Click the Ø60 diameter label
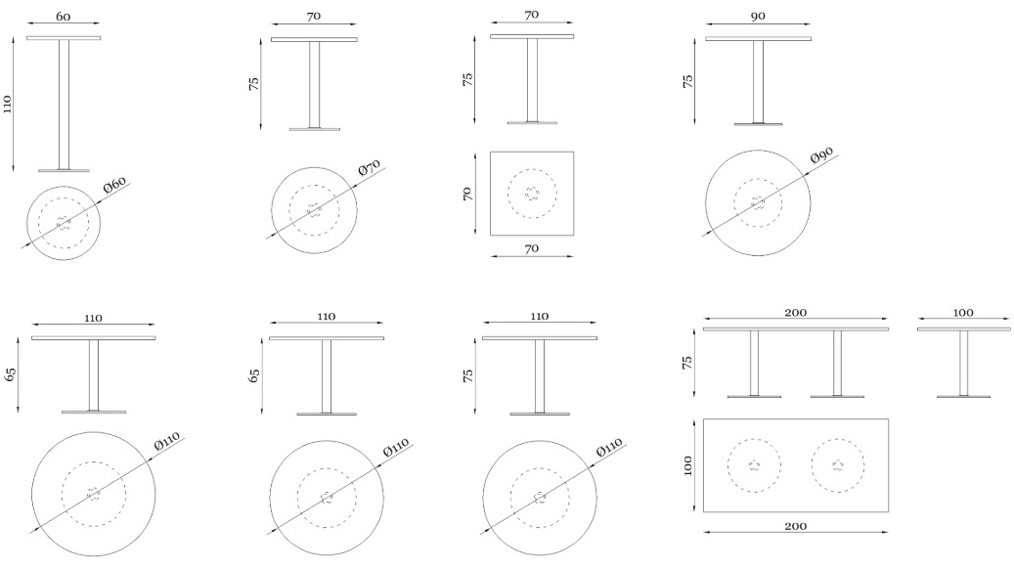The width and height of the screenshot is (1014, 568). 114,184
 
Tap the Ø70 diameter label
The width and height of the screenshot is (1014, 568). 370,167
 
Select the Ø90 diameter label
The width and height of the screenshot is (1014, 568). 822,155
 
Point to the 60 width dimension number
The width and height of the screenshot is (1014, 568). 63,17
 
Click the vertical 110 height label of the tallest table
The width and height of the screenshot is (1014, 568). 8,104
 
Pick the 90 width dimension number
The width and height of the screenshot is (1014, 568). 758,17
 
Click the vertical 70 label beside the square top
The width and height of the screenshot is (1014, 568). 468,194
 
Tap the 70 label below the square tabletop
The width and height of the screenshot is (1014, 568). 532,248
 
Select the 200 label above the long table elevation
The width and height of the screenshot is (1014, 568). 795,313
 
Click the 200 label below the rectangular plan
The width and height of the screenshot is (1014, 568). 795,526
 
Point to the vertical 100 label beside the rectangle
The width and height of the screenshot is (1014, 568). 687,465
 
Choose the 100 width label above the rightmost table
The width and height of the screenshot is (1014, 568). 963,313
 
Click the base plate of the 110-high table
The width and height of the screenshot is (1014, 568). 64,170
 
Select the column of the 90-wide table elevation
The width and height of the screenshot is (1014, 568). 758,81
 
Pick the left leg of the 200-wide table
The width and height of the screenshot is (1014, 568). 754,363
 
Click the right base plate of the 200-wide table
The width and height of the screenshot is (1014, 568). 837,396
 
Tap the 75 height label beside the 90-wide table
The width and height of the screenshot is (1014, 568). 688,81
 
